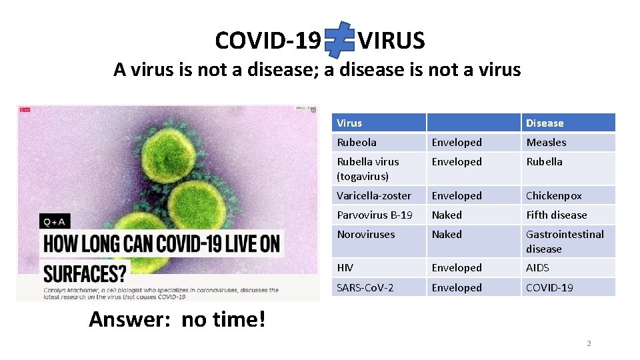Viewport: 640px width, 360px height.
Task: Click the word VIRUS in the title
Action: click(x=391, y=41)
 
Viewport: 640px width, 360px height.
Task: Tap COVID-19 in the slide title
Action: click(x=268, y=41)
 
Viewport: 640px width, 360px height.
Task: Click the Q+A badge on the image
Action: click(x=55, y=221)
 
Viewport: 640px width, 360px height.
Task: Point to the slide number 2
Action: click(x=589, y=344)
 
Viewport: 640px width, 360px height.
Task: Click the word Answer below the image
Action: click(x=130, y=320)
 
